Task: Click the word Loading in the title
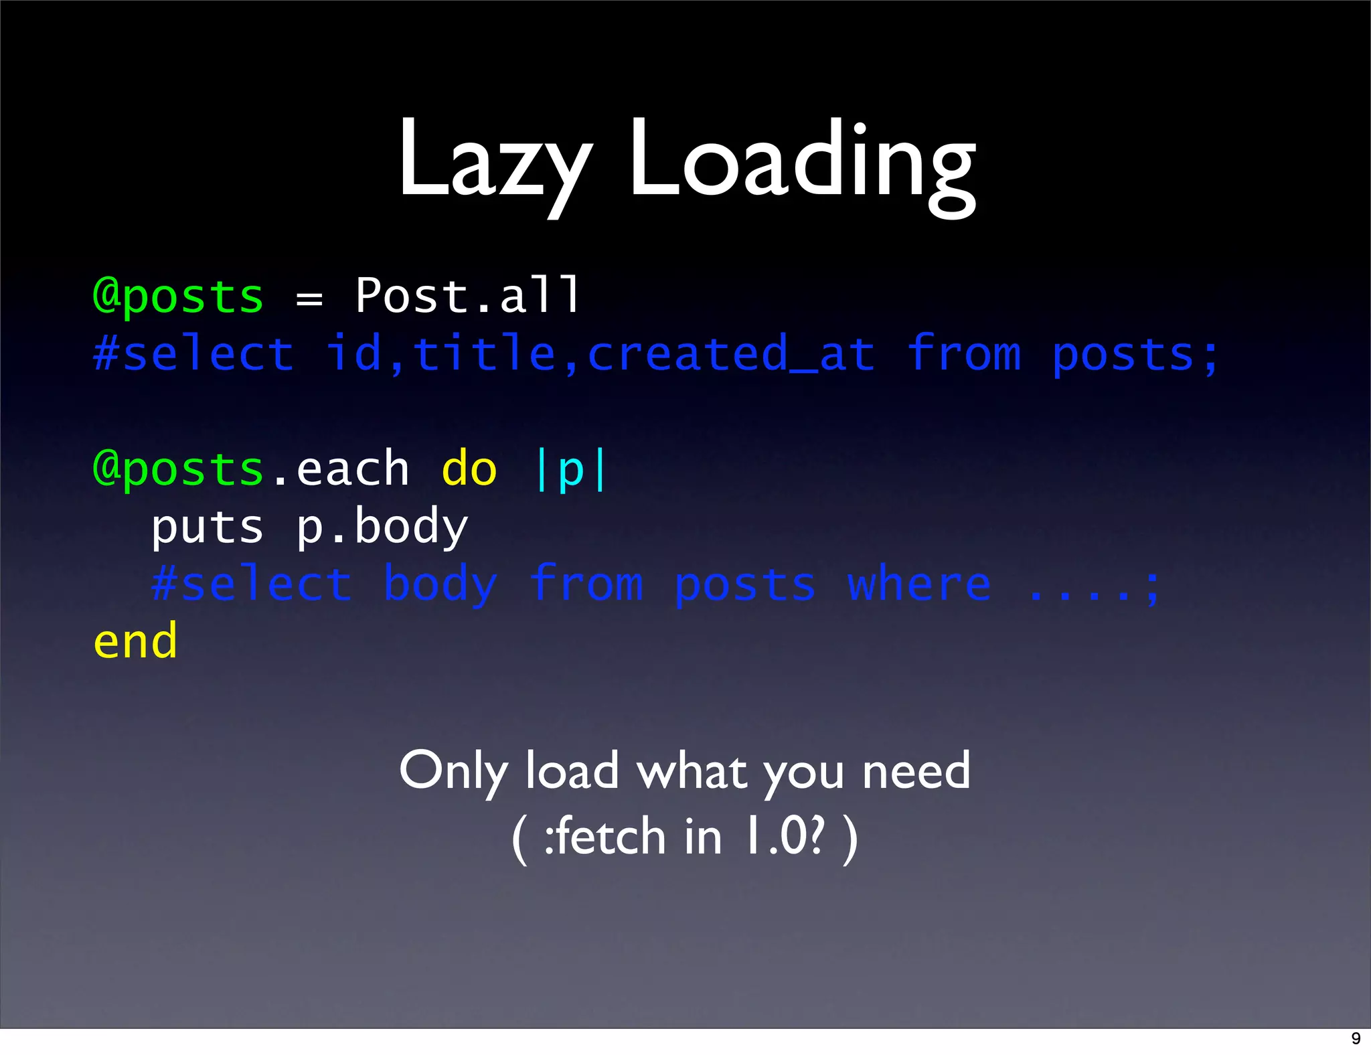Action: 802,161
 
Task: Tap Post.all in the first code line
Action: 467,295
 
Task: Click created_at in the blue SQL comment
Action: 731,353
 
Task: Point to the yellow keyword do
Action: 469,469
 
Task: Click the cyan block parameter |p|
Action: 571,470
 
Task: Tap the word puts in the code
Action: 208,527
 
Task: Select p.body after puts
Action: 382,527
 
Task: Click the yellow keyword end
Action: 136,641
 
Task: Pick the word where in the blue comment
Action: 918,584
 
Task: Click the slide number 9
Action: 1356,1038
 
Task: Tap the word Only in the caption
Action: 453,771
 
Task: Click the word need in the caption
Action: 916,771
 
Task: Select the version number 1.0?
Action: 785,837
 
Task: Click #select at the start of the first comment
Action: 193,353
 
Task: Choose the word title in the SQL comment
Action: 484,353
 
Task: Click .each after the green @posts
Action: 341,469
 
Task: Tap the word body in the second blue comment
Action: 440,585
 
